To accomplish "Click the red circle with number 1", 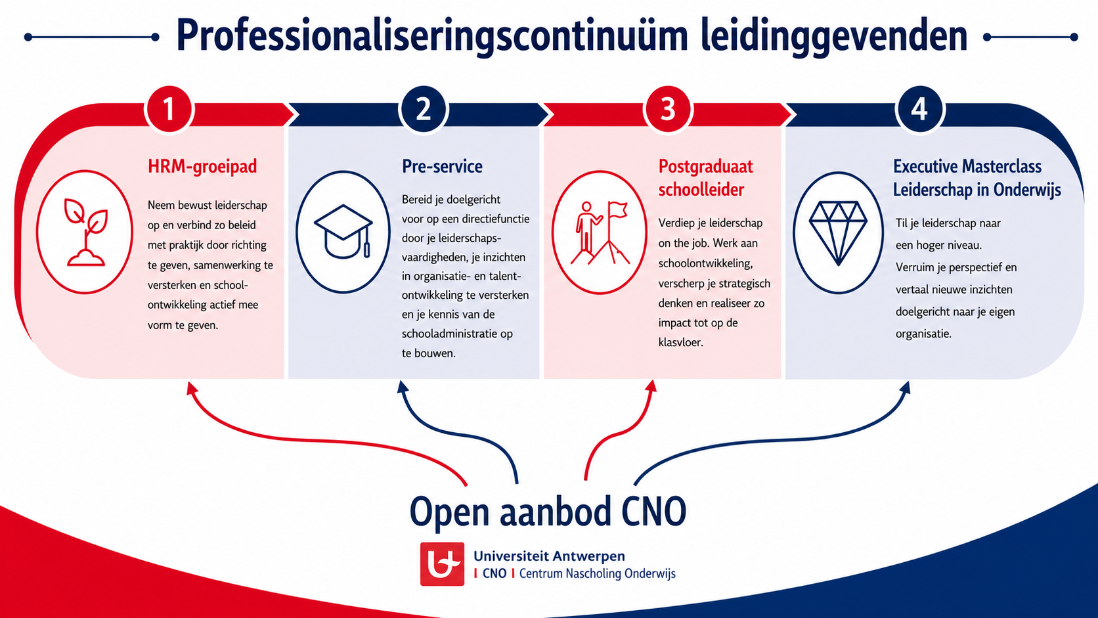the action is coord(169,109).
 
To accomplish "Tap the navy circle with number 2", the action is coord(424,109).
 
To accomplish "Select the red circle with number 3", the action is coord(668,109).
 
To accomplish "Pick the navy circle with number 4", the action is coord(919,109).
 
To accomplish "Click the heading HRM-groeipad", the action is coord(202,167).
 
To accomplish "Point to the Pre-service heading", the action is coord(442,167).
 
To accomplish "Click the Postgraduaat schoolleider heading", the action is coord(705,178).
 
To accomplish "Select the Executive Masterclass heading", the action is coord(977,178).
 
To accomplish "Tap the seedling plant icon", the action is coord(86,232).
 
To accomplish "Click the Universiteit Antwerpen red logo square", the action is coord(442,563).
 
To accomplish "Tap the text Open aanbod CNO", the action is coord(548,512).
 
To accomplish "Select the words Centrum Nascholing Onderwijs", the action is coord(597,573).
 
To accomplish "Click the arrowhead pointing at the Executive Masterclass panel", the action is coord(905,388).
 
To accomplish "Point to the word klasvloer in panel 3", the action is coord(681,343).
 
